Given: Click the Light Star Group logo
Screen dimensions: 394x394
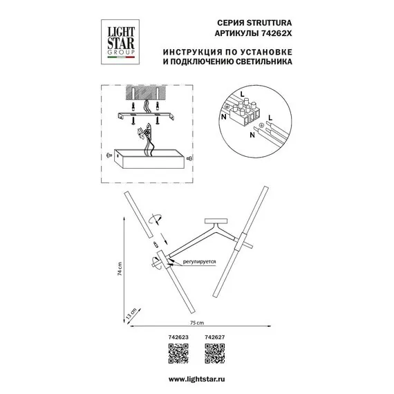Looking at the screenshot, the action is click(x=120, y=42).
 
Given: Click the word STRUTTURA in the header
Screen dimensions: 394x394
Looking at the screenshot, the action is click(x=269, y=23).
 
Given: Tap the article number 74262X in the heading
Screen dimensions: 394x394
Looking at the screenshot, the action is click(x=274, y=33).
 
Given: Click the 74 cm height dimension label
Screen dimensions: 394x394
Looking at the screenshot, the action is click(x=120, y=269).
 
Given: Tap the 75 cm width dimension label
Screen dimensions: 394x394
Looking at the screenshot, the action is click(x=197, y=323).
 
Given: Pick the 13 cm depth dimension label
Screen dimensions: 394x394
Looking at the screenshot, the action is click(x=131, y=314).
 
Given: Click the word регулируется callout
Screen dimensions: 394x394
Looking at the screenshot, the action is click(x=199, y=261).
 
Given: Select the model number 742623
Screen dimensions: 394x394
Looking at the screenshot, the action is click(x=178, y=337).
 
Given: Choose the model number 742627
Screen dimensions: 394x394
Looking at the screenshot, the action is click(x=214, y=337).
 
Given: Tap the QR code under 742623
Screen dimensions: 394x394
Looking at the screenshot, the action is click(x=178, y=353).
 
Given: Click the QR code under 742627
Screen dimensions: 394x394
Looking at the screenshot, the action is click(x=215, y=353).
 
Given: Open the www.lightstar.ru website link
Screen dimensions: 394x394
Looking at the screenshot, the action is click(x=197, y=379).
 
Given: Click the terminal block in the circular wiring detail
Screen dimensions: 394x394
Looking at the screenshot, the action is click(x=245, y=112).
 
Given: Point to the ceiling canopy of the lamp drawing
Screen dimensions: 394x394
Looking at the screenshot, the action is click(x=216, y=221).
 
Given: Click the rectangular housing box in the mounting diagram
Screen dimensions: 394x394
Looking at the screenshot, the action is click(x=149, y=159).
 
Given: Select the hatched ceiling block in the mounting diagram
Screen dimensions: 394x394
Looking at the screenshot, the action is click(x=146, y=93).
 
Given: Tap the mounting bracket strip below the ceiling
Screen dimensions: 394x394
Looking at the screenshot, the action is click(x=146, y=116).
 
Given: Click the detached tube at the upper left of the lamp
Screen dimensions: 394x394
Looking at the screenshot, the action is click(x=138, y=215).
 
